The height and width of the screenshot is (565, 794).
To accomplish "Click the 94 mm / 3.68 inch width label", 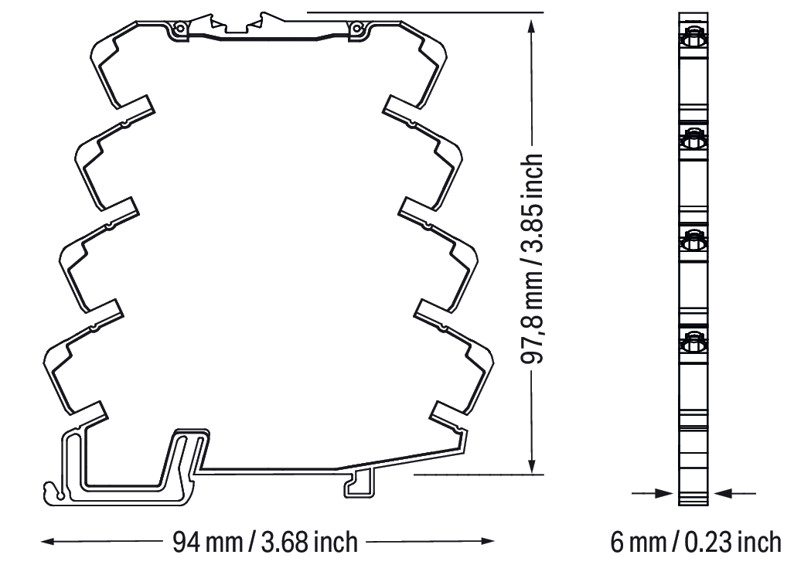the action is point(265,542).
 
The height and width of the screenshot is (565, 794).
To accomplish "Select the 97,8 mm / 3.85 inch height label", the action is point(532,258).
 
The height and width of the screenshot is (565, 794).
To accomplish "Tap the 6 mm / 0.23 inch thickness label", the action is point(696,543).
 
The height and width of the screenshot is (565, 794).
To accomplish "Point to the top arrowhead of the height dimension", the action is point(531,26).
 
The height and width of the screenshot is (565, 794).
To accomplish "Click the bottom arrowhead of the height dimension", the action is point(531,468).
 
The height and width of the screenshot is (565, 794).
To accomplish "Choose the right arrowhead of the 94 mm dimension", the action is point(487,541).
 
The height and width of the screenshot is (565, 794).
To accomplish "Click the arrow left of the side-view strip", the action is point(653,492).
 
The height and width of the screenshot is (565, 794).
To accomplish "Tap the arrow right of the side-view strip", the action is point(734,492).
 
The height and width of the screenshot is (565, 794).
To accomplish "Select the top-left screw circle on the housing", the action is point(179,29).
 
